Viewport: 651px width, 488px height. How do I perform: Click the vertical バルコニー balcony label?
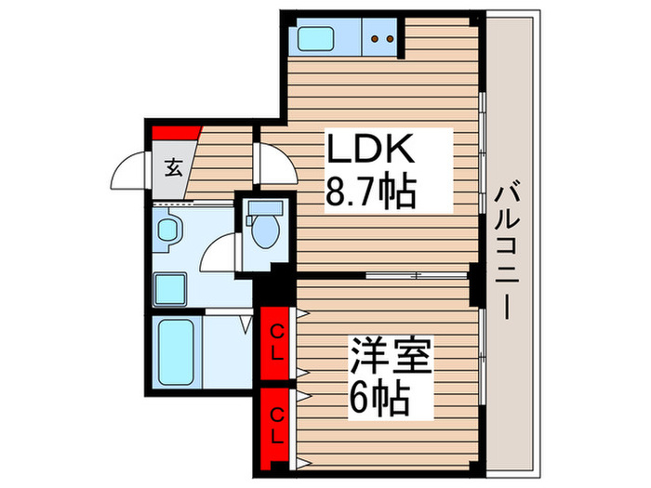[x=509, y=251]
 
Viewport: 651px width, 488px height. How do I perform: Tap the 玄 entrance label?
[x=174, y=168]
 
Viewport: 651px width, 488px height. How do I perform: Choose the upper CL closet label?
[x=277, y=332]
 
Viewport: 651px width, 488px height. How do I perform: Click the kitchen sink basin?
[x=318, y=39]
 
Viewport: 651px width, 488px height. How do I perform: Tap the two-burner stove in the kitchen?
[x=382, y=39]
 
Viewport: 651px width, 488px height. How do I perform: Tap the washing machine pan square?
[x=169, y=288]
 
